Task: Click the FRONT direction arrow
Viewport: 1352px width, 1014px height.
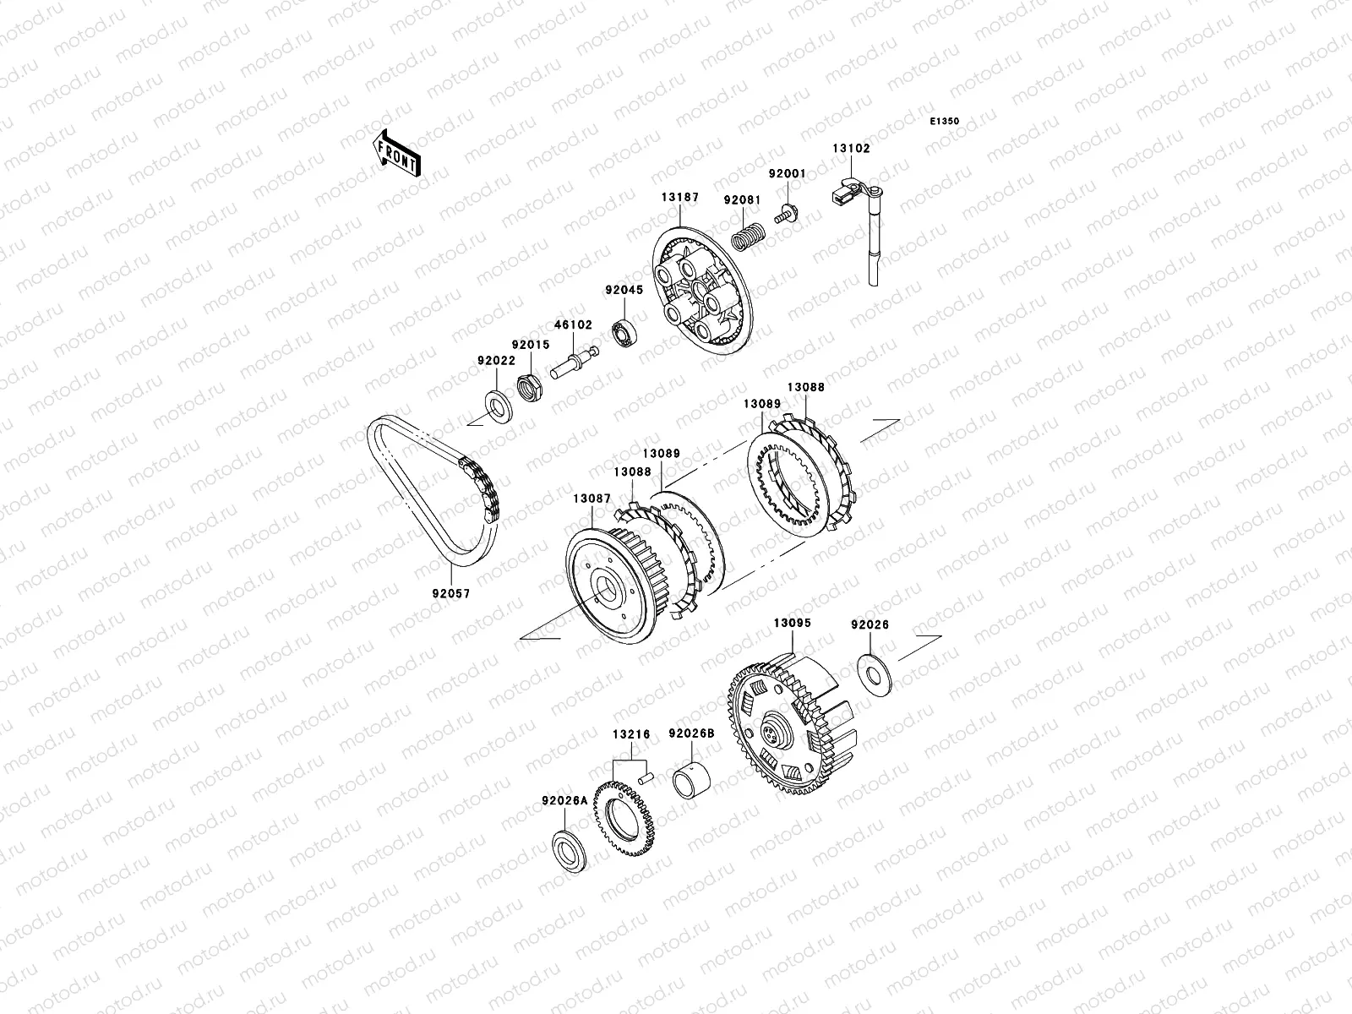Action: click(396, 153)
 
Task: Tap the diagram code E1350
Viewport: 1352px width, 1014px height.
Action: click(944, 122)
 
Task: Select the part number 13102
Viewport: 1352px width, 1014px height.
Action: click(851, 149)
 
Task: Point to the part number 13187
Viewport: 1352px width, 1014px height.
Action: click(680, 198)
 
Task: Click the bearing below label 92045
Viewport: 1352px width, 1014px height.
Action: click(624, 332)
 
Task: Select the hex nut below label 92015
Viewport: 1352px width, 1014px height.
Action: click(530, 388)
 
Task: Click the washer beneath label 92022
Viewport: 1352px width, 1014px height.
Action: click(499, 406)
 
